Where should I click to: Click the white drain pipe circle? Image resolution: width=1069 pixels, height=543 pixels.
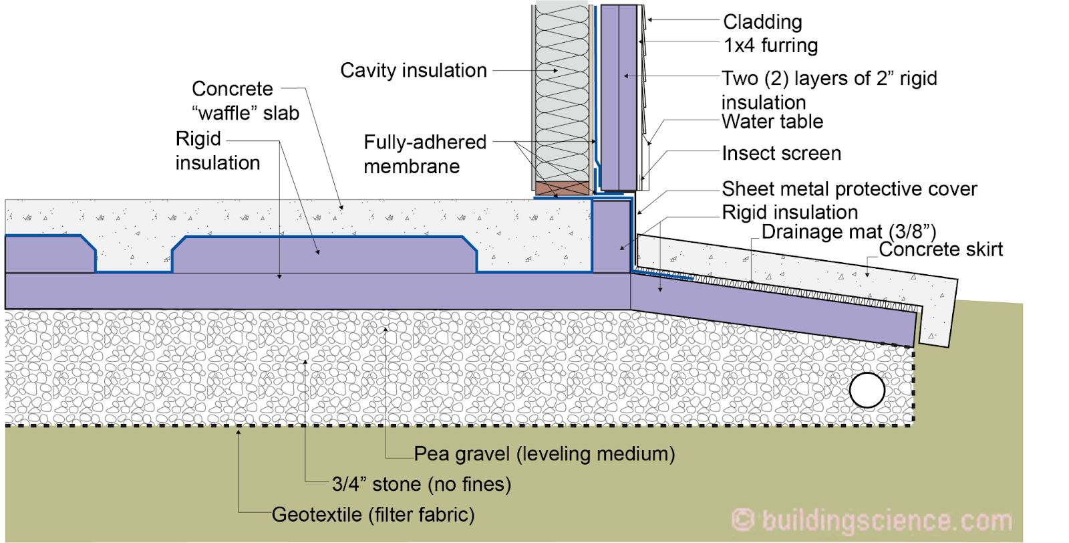point(867,390)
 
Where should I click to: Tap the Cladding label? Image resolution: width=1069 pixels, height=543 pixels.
point(762,22)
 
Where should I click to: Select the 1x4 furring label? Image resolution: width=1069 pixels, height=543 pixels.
point(771,46)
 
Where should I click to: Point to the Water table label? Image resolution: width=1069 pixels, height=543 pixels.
point(772,122)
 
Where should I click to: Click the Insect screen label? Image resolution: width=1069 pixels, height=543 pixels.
point(782,153)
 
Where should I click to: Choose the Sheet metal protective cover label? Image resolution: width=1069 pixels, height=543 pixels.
point(849,190)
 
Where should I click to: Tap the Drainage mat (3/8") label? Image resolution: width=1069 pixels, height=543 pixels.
point(849,232)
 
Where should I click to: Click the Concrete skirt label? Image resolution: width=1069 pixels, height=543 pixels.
point(941,249)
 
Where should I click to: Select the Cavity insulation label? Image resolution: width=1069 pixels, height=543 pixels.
point(414,71)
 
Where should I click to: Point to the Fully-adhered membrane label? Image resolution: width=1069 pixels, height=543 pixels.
point(425,154)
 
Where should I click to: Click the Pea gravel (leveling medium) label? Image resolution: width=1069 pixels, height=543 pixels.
point(545,453)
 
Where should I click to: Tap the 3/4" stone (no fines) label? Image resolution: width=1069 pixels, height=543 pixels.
point(422,484)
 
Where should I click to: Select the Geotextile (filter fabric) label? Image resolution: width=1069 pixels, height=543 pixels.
point(373,515)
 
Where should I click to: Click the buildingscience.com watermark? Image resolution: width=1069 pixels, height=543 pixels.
point(871,520)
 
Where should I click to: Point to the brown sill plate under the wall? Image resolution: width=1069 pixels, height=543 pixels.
point(562,188)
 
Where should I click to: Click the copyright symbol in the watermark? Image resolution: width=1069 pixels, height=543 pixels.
point(742,520)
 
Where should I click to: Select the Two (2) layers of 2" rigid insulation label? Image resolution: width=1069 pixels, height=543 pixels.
point(829,90)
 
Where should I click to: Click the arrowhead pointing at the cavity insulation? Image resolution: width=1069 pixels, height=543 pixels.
point(555,71)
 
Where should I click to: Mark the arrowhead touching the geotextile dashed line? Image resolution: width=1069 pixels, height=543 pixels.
point(239,432)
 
